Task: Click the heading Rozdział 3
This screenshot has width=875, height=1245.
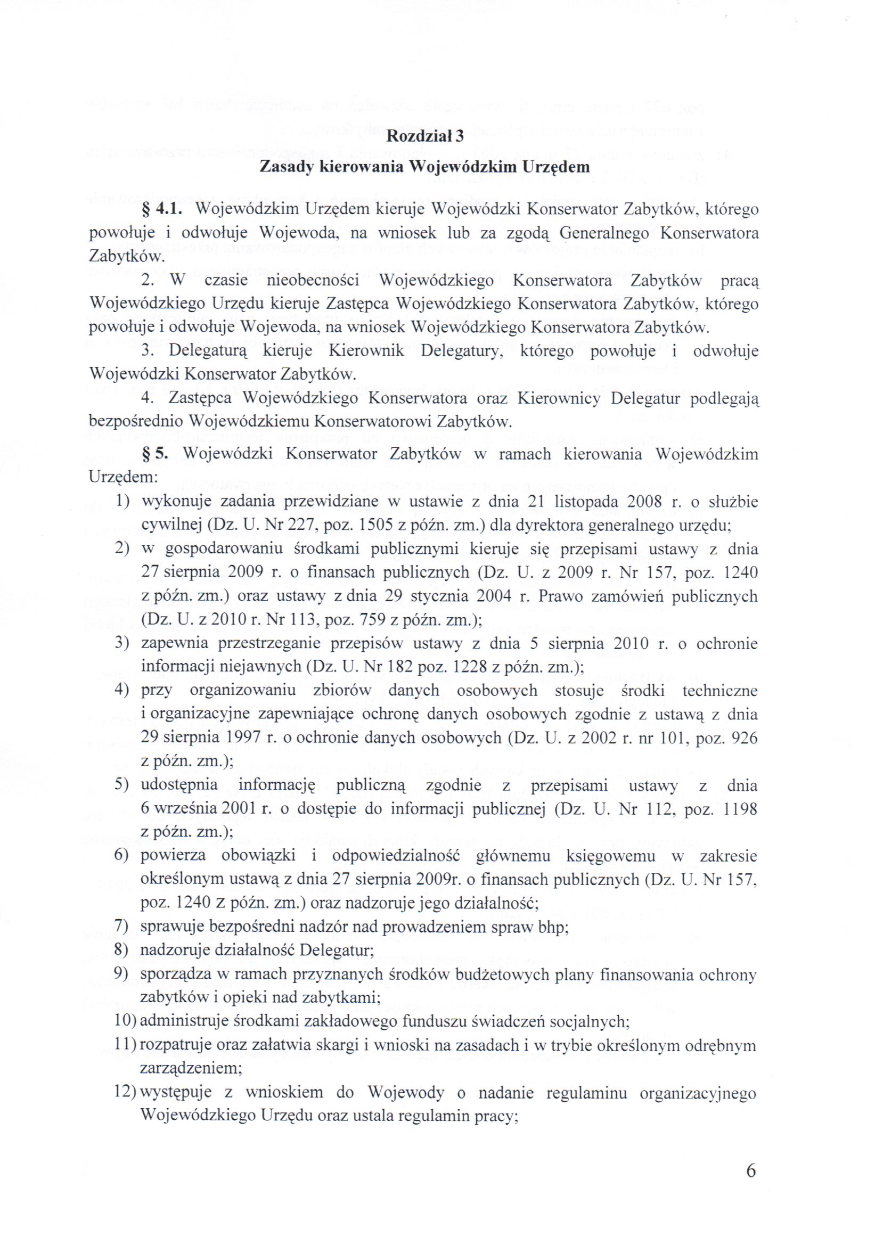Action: coord(425,137)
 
